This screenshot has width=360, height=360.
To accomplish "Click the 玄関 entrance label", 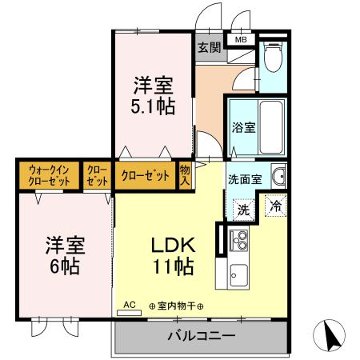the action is point(210,48).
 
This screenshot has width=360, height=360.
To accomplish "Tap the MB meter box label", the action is point(241,40).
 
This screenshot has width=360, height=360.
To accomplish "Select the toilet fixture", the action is point(273,57).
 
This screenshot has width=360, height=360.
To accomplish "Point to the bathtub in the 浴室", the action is point(271,127).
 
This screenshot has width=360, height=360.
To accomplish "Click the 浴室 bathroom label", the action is point(243,127).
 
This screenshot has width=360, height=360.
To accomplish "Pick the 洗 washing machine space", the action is point(243,210).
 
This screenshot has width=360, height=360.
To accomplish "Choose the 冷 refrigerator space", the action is point(276,206).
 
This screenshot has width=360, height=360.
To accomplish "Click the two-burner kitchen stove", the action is point(239,241).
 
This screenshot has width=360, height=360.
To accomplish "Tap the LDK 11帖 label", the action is point(174,256).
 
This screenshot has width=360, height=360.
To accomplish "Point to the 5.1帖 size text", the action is point(153,106).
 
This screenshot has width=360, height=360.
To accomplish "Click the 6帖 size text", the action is point(65,266).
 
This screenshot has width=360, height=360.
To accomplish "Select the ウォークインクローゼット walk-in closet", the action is point(49,175).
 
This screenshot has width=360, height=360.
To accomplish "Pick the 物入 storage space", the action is point(185,175).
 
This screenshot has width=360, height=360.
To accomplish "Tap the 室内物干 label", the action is point(176,306).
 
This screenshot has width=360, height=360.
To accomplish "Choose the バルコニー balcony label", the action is point(202,336).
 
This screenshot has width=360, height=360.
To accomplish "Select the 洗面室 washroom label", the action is point(245,179).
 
